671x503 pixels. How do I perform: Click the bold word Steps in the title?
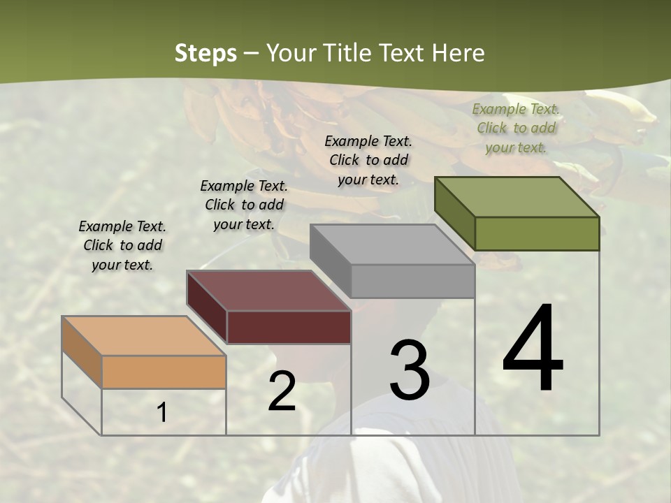pos(205,53)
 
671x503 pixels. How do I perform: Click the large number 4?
pos(533,349)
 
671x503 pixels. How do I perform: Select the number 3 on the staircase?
pos(410,370)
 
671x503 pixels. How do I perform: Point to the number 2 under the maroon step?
pos(282,391)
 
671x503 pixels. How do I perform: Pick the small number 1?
pos(162,413)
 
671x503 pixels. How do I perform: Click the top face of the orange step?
pos(143,335)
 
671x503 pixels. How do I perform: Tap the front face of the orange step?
pos(164,372)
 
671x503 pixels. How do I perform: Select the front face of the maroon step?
pos(289,327)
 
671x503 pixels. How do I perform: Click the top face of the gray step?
pos(391,245)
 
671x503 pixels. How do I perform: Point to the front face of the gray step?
pos(412,281)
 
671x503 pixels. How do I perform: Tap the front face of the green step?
pos(537,233)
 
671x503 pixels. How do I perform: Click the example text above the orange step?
pos(122,245)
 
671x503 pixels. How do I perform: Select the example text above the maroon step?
pos(244,205)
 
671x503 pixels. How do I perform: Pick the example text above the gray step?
pos(368,160)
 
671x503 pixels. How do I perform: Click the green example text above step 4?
pos(516,128)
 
